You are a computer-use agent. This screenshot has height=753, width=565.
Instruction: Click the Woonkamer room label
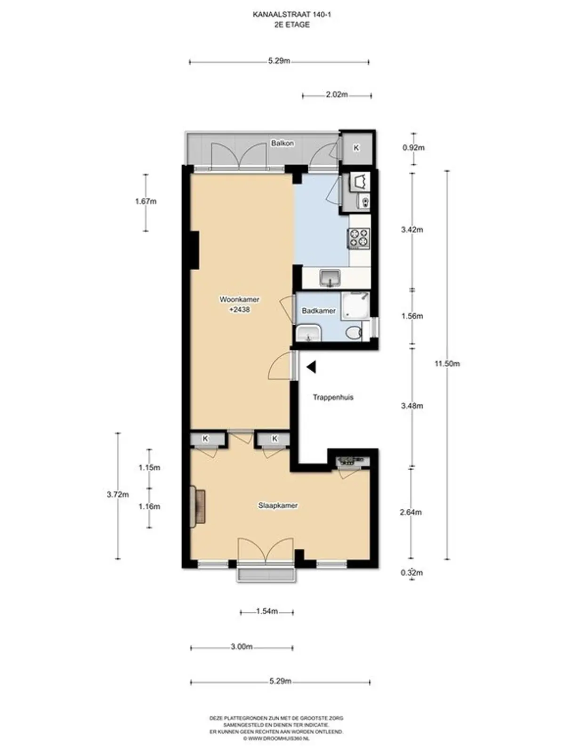(x=239, y=299)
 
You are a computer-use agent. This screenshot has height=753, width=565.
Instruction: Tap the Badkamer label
(x=318, y=311)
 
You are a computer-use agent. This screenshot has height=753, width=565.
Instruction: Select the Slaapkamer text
(x=278, y=505)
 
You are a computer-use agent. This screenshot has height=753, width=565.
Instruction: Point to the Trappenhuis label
(x=333, y=397)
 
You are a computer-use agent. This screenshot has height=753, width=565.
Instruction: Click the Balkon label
(x=282, y=143)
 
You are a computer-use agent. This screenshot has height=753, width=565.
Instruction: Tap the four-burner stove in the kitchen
(x=359, y=238)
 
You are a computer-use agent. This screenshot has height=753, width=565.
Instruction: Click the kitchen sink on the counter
(x=330, y=278)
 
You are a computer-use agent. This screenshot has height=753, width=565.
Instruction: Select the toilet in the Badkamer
(x=353, y=333)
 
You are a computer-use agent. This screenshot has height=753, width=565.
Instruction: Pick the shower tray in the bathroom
(x=355, y=306)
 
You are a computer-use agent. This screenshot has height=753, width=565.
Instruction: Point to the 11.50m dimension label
(x=447, y=364)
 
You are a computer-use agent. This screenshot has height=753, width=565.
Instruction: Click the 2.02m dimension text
(x=337, y=95)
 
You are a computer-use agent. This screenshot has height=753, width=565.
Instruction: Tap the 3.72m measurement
(x=118, y=494)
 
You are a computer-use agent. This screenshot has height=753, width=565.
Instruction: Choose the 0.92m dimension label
(x=413, y=148)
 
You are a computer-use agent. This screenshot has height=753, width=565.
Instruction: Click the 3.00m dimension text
(x=242, y=647)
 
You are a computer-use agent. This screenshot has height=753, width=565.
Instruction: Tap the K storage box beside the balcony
(x=356, y=148)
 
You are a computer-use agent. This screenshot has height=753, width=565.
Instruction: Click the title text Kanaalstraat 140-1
(x=292, y=15)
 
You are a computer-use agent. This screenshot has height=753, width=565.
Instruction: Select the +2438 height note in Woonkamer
(x=240, y=309)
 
